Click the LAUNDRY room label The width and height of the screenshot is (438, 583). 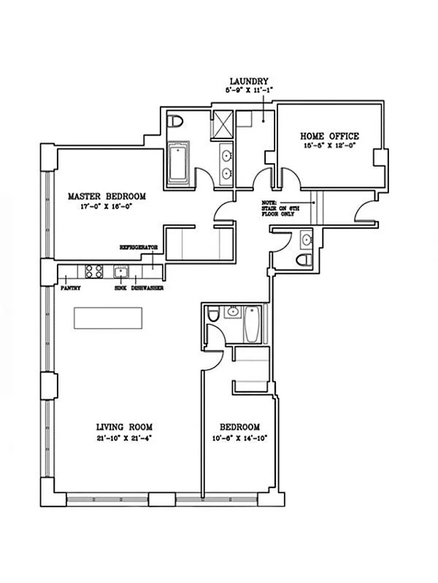point(249,82)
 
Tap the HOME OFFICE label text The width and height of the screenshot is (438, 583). point(329,136)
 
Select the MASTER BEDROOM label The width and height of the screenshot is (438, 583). point(107,196)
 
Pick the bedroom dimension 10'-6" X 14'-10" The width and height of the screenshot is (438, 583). point(239,438)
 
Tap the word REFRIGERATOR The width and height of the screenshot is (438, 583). point(139,248)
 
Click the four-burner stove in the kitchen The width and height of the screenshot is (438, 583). point(94,272)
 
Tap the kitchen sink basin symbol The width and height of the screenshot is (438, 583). point(121,273)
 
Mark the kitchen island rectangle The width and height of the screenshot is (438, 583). point(107,318)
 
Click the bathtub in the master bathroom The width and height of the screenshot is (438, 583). point(179,163)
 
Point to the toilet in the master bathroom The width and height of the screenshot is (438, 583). point(175,122)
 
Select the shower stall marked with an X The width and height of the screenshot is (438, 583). point(221,125)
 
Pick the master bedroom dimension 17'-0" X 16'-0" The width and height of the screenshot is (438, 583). point(107,206)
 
